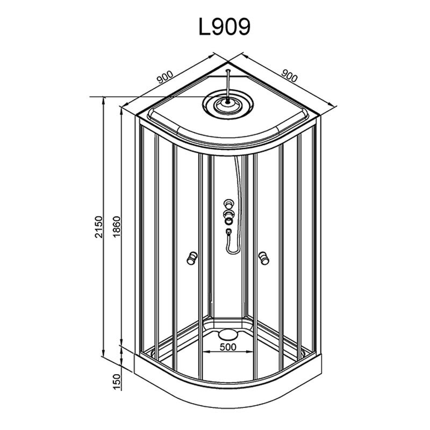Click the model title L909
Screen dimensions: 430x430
pyautogui.click(x=224, y=27)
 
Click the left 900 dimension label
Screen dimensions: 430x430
pyautogui.click(x=165, y=77)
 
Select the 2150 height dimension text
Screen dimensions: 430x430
pyautogui.click(x=98, y=227)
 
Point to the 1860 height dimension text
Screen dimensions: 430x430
pyautogui.click(x=116, y=227)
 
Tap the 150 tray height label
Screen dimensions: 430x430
pyautogui.click(x=116, y=382)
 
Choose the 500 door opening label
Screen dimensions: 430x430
pyautogui.click(x=227, y=347)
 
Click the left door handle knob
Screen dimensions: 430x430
pyautogui.click(x=192, y=258)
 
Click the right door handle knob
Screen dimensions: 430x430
pyautogui.click(x=264, y=258)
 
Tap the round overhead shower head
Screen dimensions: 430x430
pyautogui.click(x=228, y=104)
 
